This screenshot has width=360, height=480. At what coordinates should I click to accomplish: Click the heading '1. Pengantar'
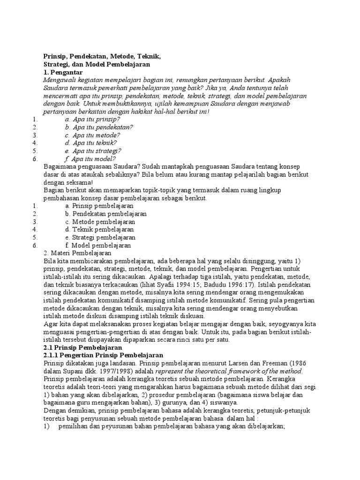[63, 73]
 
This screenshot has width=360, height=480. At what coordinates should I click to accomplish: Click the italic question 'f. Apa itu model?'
[90, 158]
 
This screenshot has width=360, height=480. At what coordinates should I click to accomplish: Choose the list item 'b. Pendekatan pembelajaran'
[106, 214]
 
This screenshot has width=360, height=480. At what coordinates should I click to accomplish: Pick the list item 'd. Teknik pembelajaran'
[100, 229]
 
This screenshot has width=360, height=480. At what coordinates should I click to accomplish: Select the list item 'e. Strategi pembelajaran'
[100, 237]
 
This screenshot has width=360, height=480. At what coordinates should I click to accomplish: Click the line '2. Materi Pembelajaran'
[74, 253]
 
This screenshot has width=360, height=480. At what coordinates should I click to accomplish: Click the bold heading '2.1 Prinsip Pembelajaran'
[82, 348]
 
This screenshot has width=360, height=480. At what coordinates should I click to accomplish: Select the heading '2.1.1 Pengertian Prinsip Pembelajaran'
[103, 356]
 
